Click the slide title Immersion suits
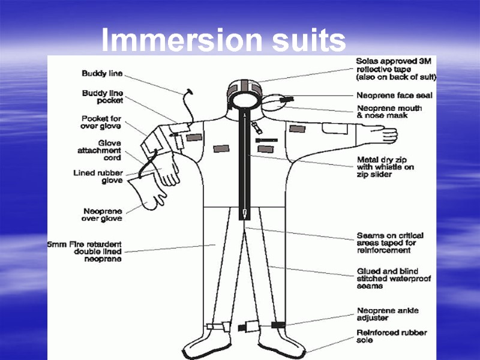click(x=223, y=41)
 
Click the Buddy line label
click(x=102, y=74)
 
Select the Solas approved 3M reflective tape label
click(x=396, y=69)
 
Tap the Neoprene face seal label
click(x=394, y=95)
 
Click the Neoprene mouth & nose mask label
click(x=389, y=112)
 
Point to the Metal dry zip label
click(x=385, y=167)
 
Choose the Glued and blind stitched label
click(x=394, y=279)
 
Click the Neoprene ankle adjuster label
click(x=388, y=314)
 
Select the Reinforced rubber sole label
click(x=391, y=336)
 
